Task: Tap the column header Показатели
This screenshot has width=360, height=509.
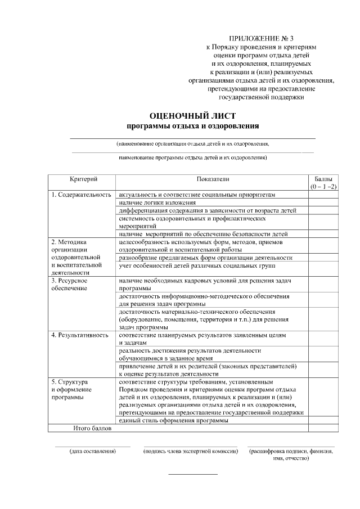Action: tap(213, 178)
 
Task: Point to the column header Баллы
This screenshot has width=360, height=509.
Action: tap(323, 178)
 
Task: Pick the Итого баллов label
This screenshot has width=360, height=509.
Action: tap(93, 428)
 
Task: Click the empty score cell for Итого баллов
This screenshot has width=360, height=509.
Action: tap(323, 428)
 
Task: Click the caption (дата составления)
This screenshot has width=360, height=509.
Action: tap(92, 452)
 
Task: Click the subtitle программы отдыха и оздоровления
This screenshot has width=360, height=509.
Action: tap(192, 125)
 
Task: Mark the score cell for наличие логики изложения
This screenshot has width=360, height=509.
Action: tap(323, 202)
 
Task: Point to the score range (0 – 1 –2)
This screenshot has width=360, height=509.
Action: tap(323, 186)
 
